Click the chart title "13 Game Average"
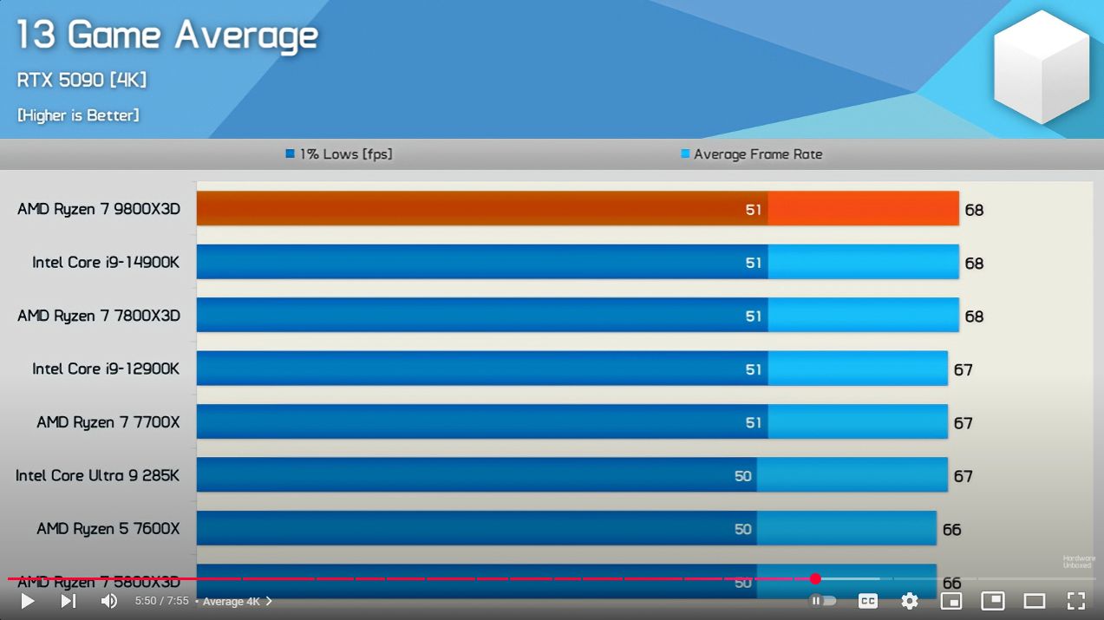click(x=167, y=36)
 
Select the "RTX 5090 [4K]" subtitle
click(x=82, y=80)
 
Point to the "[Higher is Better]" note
click(x=78, y=115)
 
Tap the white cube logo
click(x=1040, y=67)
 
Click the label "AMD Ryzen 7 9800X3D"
click(x=99, y=209)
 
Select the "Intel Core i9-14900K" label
click(x=106, y=262)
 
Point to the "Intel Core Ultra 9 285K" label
click(x=98, y=475)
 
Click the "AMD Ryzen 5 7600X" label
click(x=108, y=528)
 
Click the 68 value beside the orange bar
click(x=974, y=210)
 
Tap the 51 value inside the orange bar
click(x=754, y=210)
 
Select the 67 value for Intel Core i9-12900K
click(x=963, y=370)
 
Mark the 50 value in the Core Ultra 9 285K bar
click(x=743, y=476)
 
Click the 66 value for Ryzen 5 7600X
click(x=951, y=530)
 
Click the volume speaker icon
click(x=109, y=601)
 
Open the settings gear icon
click(x=909, y=601)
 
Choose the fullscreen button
click(x=1076, y=601)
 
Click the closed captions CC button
click(x=867, y=601)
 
